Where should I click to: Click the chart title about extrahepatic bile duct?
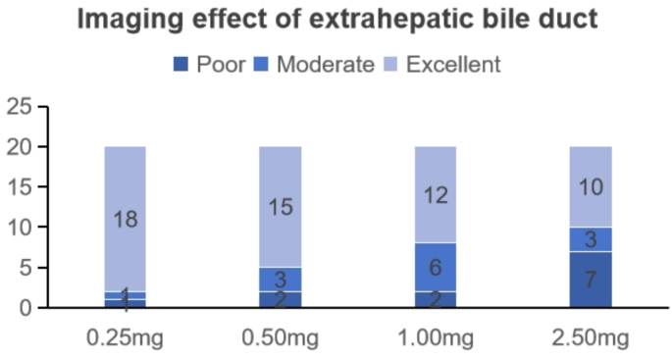tap(336, 20)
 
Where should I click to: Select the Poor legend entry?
tap(208, 65)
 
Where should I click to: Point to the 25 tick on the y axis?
tap(20, 107)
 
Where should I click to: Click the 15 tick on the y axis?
tap(20, 187)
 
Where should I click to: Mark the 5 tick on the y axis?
tap(26, 268)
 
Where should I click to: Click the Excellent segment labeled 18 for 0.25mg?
tap(125, 219)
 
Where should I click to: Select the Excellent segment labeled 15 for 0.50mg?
tap(281, 206)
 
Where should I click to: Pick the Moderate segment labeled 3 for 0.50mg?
tap(281, 280)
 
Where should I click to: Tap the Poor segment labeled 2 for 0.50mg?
tap(281, 299)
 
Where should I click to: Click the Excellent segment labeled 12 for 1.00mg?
tap(436, 194)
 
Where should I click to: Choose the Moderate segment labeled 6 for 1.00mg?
tap(436, 267)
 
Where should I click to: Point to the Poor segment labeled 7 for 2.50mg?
tap(591, 280)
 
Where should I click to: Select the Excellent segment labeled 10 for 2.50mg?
tap(591, 186)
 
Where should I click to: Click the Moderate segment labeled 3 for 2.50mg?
tap(591, 239)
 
